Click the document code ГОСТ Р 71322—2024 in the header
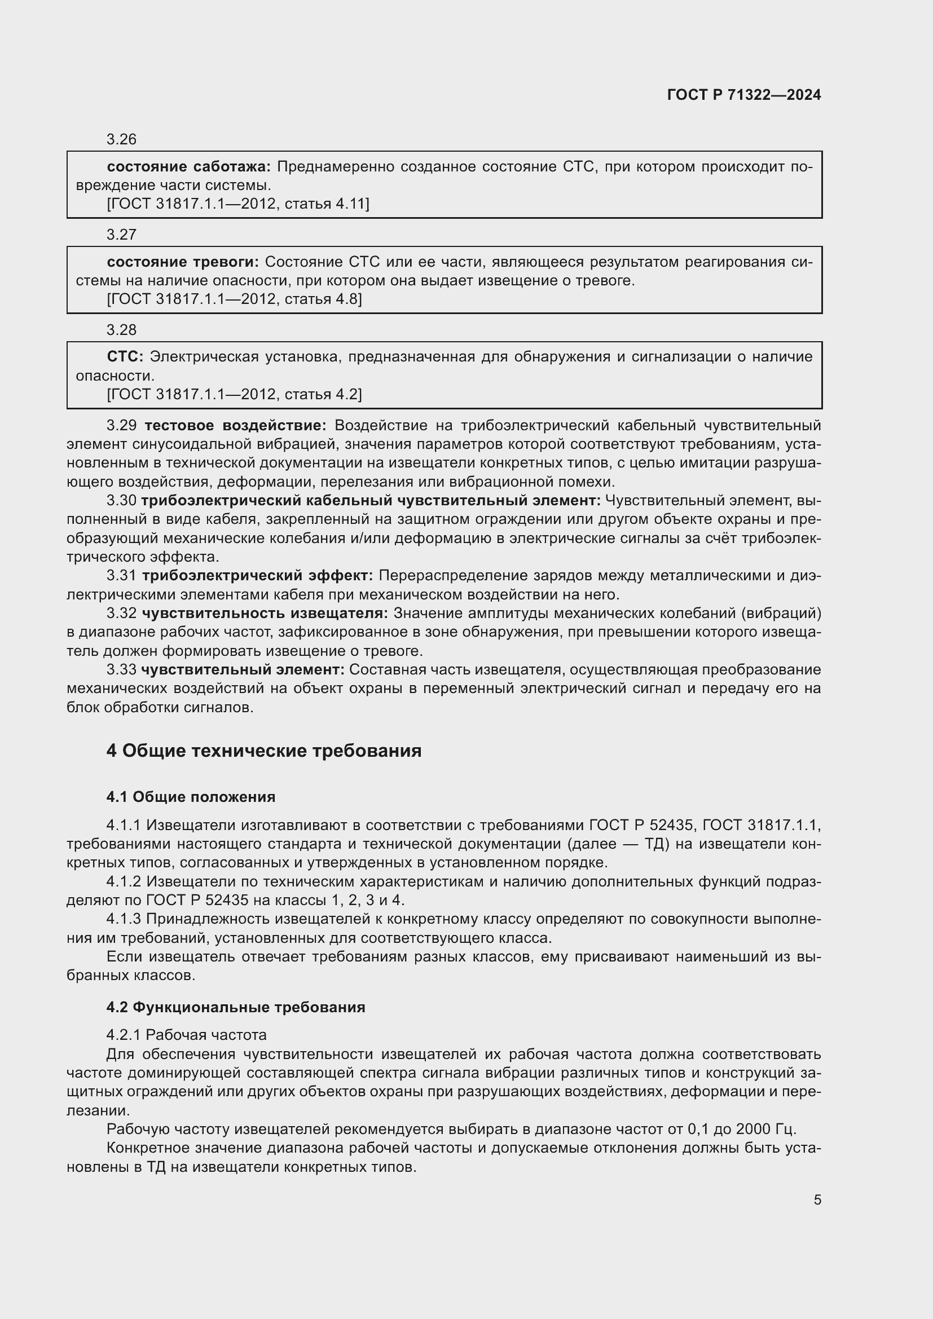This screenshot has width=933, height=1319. (744, 95)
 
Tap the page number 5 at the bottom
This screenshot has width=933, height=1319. (817, 1199)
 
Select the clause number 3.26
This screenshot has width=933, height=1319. (121, 139)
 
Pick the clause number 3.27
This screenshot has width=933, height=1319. (121, 235)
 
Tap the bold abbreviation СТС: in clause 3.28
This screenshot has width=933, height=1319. (125, 357)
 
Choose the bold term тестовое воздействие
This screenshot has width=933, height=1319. (235, 426)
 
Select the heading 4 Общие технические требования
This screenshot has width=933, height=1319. (263, 751)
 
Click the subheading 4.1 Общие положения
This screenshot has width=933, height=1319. (191, 797)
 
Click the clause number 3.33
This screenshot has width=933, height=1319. (121, 670)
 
